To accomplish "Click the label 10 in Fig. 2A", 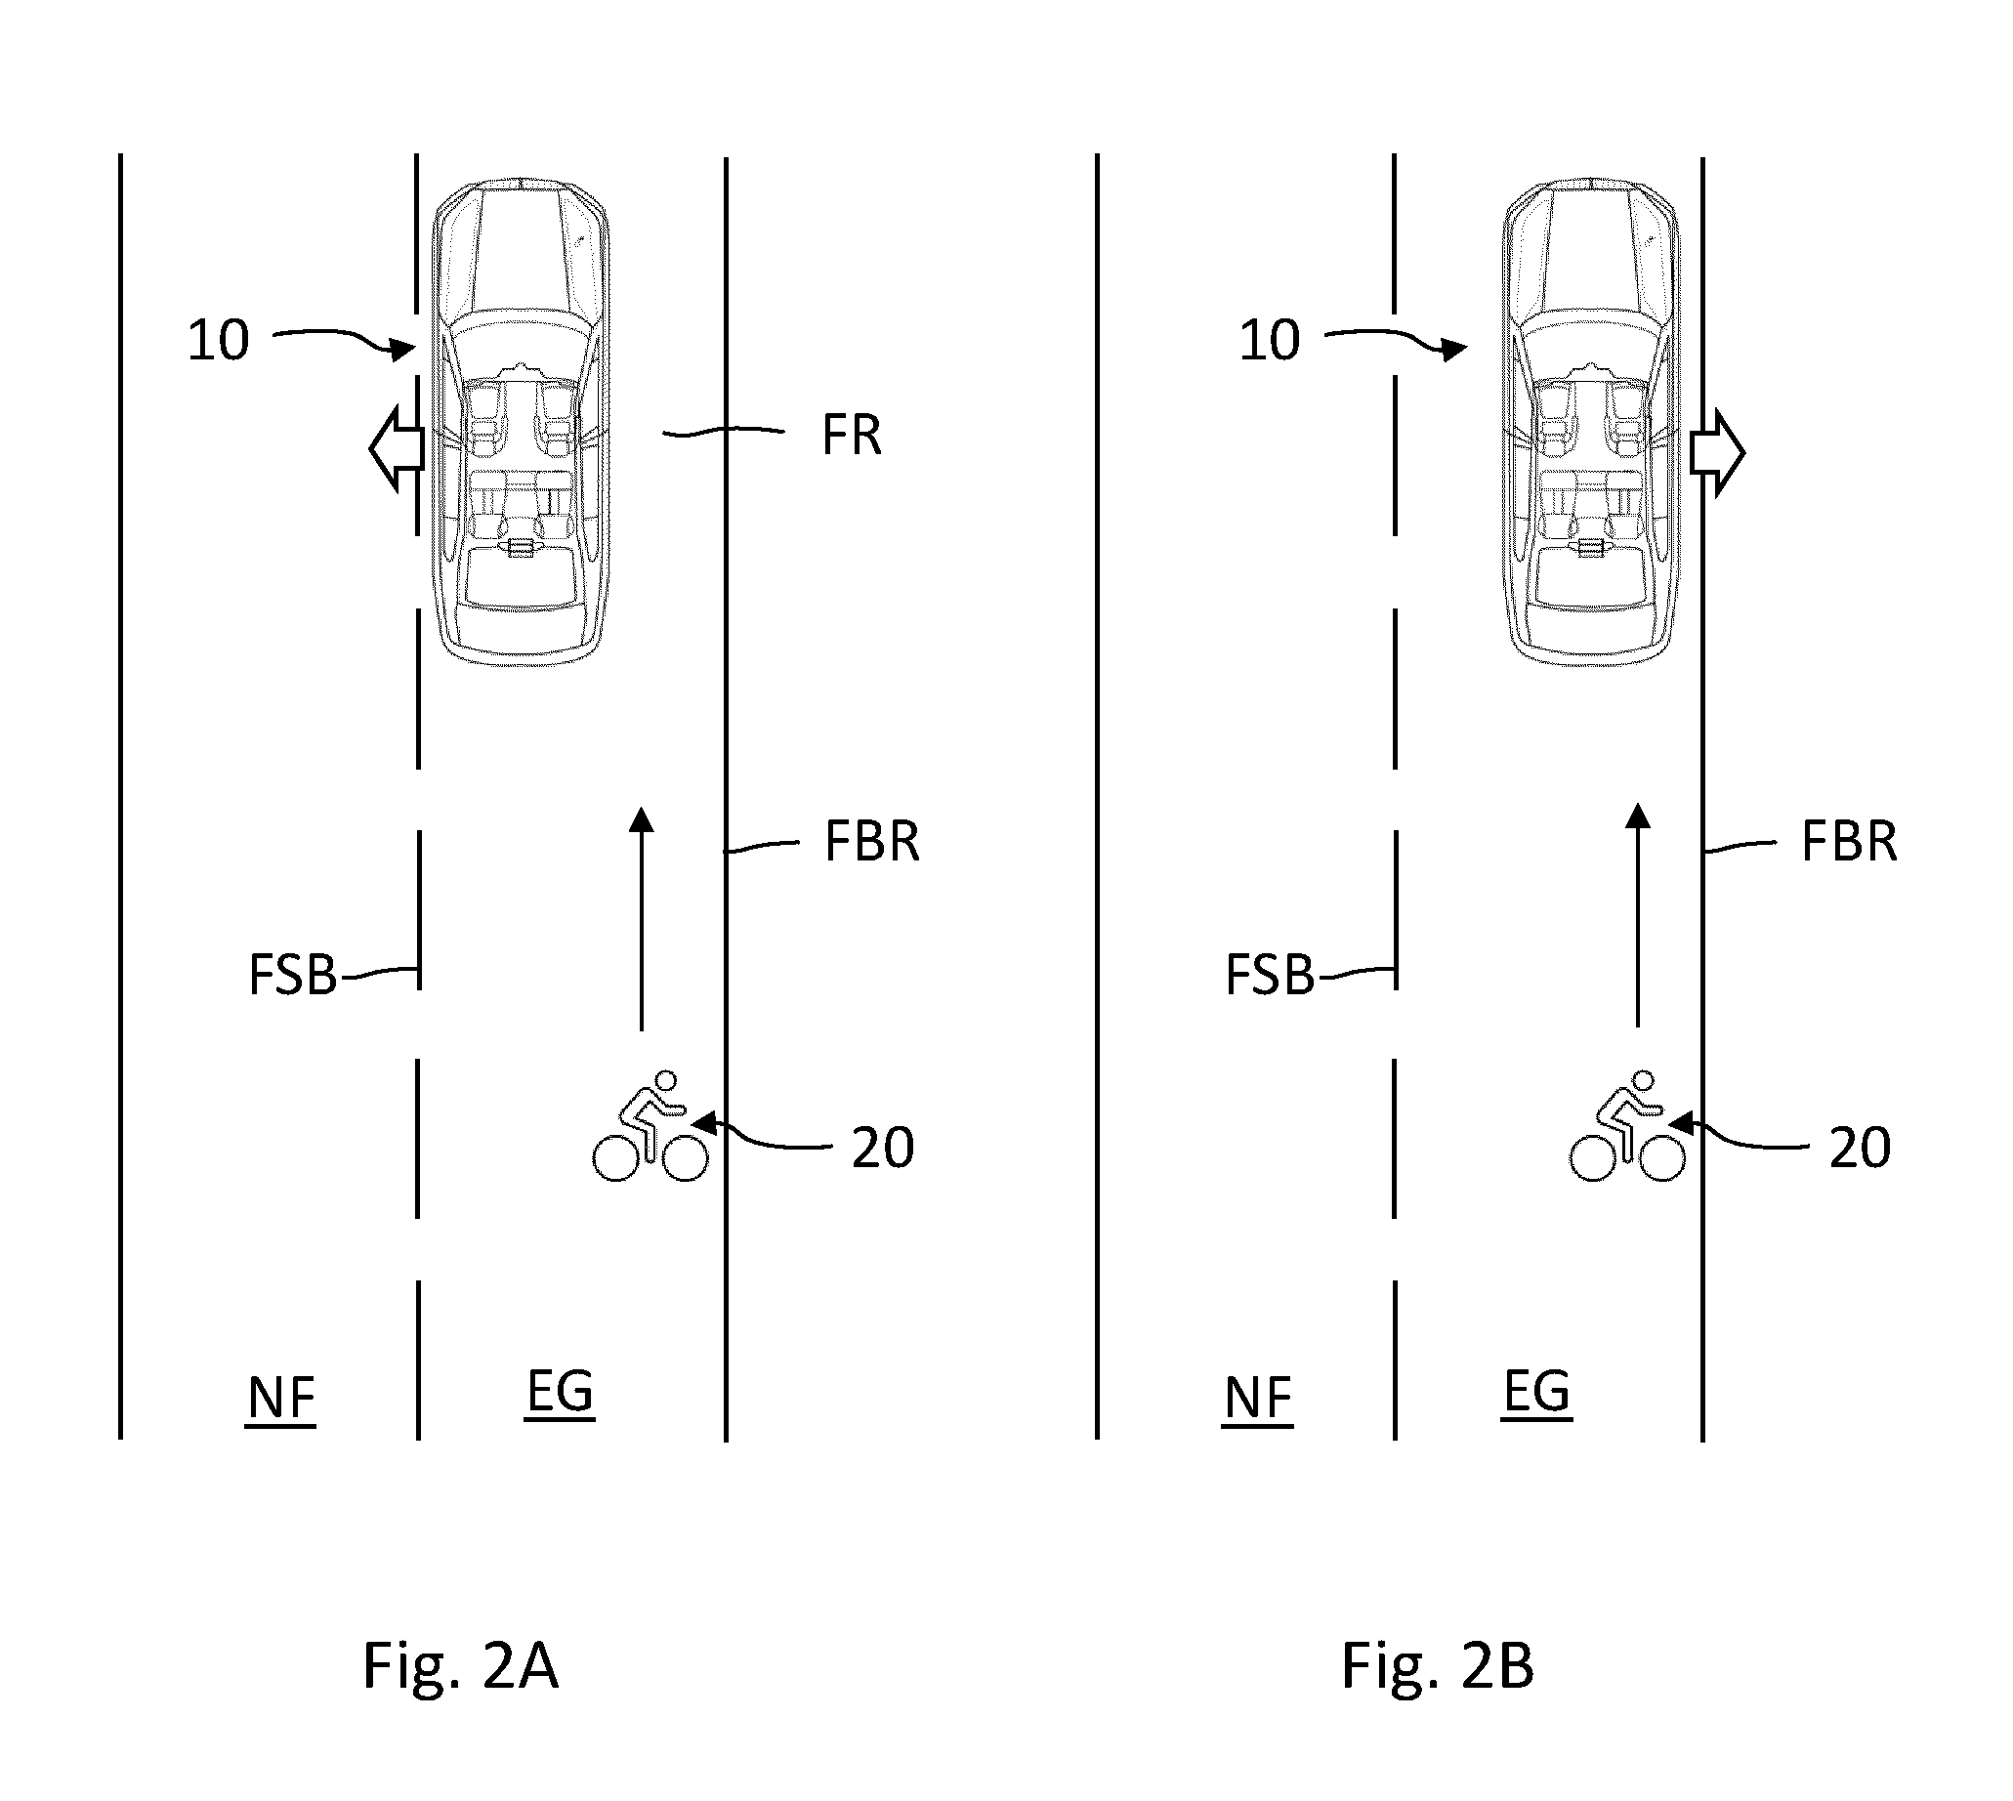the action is (219, 341).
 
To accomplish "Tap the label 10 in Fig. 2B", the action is (1270, 341).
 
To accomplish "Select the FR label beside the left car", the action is (851, 436).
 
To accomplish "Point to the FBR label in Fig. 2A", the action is (872, 842).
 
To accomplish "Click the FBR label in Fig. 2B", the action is (1849, 842).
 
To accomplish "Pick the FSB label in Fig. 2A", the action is (293, 976).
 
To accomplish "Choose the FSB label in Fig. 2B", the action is (1270, 976).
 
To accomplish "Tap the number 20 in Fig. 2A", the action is (883, 1148).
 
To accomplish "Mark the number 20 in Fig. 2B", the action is (1860, 1148).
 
